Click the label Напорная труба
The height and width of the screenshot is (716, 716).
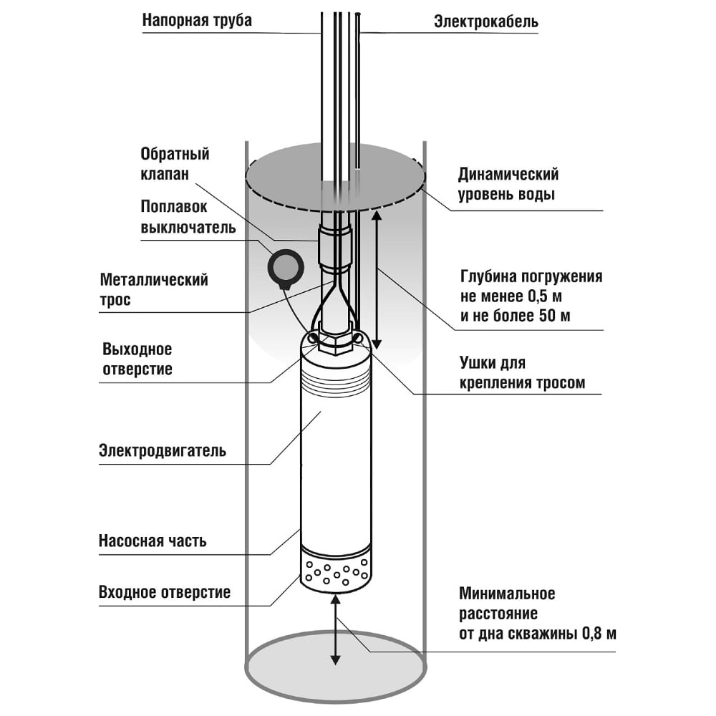[197, 20]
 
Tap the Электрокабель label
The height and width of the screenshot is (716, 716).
[486, 22]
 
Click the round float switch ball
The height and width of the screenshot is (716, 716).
[286, 267]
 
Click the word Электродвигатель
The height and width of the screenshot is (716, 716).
[163, 451]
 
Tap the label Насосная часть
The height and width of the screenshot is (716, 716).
[152, 541]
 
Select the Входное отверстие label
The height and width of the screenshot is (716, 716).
[164, 592]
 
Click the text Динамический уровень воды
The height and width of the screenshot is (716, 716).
[508, 184]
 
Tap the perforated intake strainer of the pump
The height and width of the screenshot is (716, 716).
[336, 574]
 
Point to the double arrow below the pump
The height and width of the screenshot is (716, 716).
[334, 631]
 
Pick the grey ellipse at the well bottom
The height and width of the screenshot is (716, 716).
[334, 669]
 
